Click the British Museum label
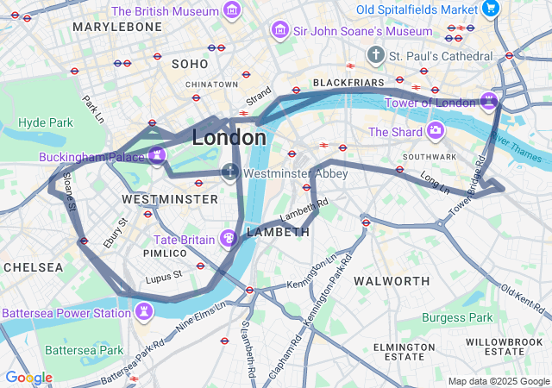tap(164, 11)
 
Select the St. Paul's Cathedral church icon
tap(375, 55)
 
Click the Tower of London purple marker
tap(489, 102)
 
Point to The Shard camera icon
tap(436, 131)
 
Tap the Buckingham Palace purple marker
tap(157, 155)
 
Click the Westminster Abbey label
tap(296, 173)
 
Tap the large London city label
tap(229, 137)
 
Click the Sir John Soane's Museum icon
tap(279, 31)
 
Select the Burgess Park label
tap(457, 318)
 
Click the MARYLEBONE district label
tap(117, 27)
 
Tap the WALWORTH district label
tap(392, 281)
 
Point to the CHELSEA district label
tap(33, 267)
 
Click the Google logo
tap(28, 378)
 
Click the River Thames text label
tap(518, 152)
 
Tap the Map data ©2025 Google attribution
tap(499, 381)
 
